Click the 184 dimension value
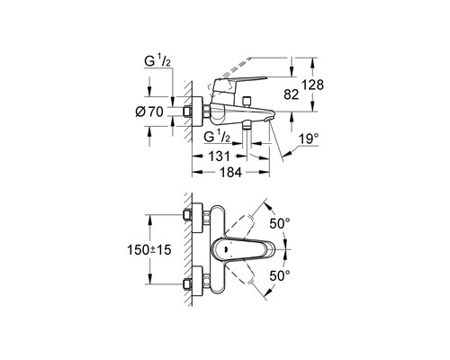click(x=230, y=172)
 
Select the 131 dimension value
click(x=219, y=157)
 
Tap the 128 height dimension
click(x=313, y=85)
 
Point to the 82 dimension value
click(x=292, y=94)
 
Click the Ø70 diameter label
click(x=149, y=112)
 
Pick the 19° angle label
click(x=309, y=139)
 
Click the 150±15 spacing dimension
click(x=149, y=249)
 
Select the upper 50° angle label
click(x=280, y=223)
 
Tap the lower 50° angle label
click(x=280, y=275)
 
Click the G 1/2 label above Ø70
click(x=157, y=61)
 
